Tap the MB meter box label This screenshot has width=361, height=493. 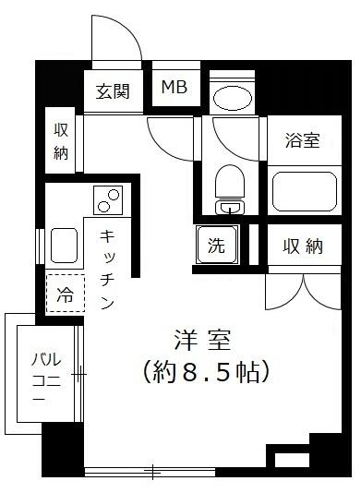pyautogui.click(x=174, y=88)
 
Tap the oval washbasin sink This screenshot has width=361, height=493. pyautogui.click(x=232, y=99)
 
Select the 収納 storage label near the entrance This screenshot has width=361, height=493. pyautogui.click(x=61, y=141)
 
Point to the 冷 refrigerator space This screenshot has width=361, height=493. pyautogui.click(x=66, y=295)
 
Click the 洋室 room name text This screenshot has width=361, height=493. pyautogui.click(x=205, y=340)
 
